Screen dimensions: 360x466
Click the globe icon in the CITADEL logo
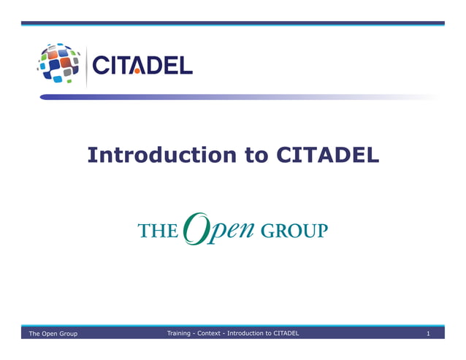pyautogui.click(x=60, y=64)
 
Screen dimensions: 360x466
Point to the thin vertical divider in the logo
pyautogui.click(x=86, y=66)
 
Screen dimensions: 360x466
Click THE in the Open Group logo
pyautogui.click(x=157, y=231)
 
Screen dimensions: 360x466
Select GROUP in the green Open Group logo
pyautogui.click(x=294, y=231)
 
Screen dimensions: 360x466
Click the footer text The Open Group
pyautogui.click(x=53, y=334)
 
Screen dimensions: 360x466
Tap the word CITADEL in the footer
pyautogui.click(x=286, y=333)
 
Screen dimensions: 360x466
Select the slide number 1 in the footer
pyautogui.click(x=429, y=334)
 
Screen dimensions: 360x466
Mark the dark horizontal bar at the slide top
pyautogui.click(x=232, y=23)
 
